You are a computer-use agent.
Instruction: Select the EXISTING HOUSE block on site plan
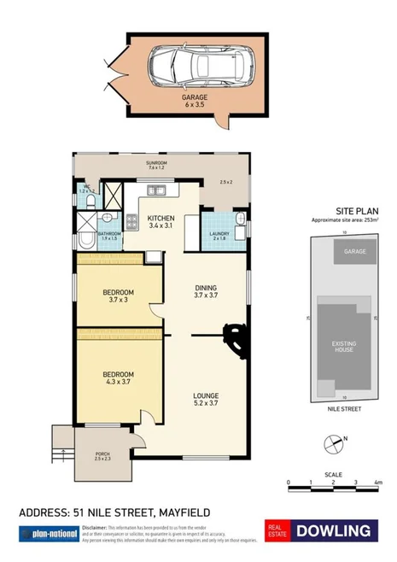(343, 348)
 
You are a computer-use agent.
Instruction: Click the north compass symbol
(334, 443)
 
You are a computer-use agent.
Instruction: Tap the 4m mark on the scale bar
(377, 483)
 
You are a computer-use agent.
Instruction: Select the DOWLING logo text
(334, 531)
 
